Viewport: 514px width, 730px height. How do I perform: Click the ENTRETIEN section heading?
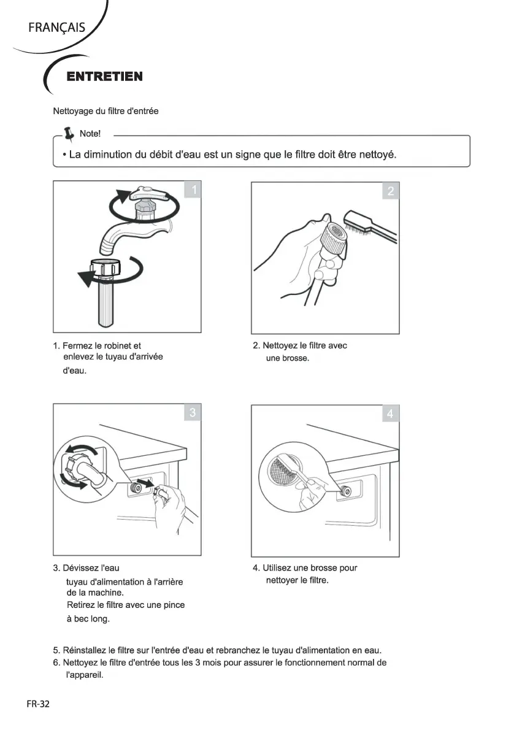click(104, 77)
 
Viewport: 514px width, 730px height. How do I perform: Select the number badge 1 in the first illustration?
click(193, 190)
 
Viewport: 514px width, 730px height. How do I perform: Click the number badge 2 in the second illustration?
click(391, 191)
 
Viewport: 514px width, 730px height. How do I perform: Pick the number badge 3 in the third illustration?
click(193, 412)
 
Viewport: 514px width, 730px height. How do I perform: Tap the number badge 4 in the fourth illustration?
click(391, 413)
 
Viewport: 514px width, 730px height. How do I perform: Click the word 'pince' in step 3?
click(174, 605)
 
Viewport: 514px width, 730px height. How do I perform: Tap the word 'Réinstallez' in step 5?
click(83, 650)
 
